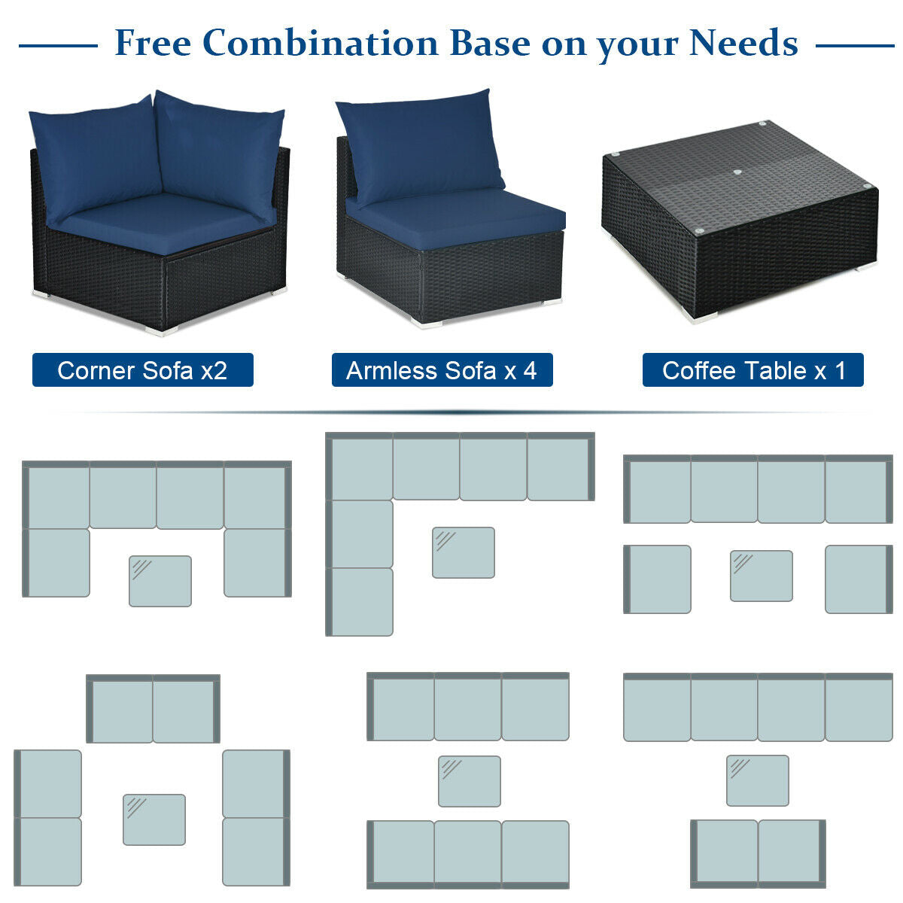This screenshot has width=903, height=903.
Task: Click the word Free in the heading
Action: [152, 44]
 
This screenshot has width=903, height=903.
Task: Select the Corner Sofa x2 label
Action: [142, 370]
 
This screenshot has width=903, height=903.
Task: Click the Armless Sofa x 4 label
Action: [442, 370]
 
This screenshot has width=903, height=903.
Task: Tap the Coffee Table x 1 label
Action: [752, 370]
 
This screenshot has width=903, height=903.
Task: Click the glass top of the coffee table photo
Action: [741, 177]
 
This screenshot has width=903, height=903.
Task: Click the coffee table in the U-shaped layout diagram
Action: [160, 581]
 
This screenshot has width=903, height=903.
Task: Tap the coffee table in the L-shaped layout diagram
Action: [464, 552]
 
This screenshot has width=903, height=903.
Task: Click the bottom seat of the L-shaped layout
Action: [361, 601]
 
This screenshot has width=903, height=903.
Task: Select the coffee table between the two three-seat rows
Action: [470, 781]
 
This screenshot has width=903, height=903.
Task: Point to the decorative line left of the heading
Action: [58, 46]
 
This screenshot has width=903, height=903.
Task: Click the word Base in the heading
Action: [489, 44]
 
